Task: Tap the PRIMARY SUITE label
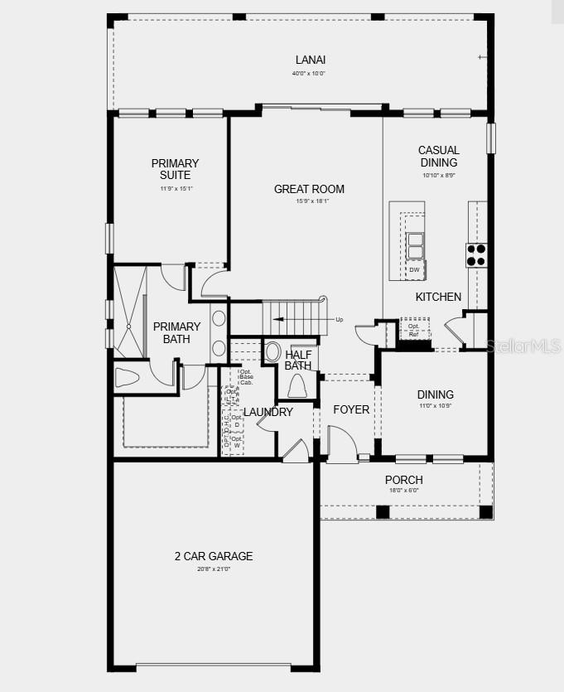pos(175,169)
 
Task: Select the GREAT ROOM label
pos(309,189)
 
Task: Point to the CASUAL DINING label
pos(438,157)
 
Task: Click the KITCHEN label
pos(438,297)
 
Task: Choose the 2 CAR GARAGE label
pos(213,556)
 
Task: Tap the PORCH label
pos(404,480)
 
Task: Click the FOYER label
pos(351,409)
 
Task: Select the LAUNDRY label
pos(268,412)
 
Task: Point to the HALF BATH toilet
pos(297,386)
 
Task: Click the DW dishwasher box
pos(414,270)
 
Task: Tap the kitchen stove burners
pos(476,254)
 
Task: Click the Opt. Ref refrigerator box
pos(414,329)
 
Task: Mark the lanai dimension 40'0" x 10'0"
pos(308,74)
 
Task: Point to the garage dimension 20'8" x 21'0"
pos(214,569)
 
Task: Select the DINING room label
pos(435,394)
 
